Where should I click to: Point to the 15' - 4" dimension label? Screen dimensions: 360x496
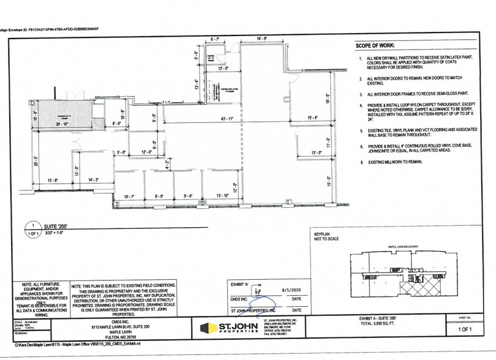(x=313, y=118)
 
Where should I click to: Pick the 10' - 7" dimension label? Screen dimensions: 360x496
(x=129, y=196)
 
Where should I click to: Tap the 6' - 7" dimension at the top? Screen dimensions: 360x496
(x=215, y=39)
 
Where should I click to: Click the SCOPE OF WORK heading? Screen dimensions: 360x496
(x=374, y=47)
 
